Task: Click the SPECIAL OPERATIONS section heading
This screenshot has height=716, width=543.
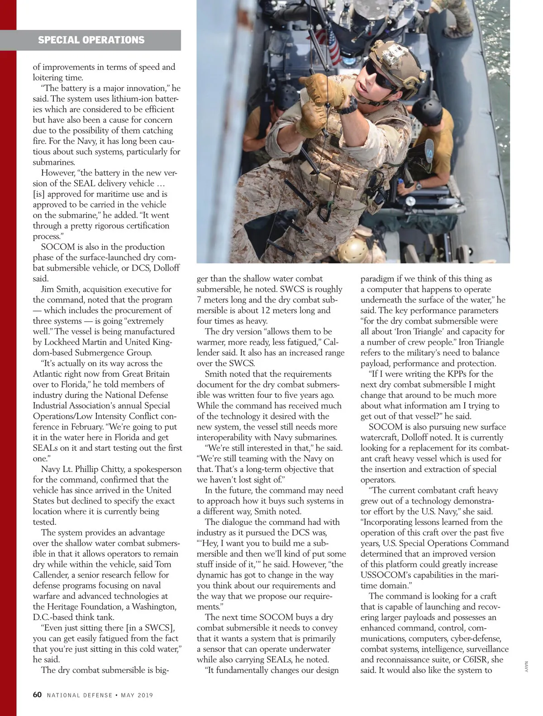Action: [91, 40]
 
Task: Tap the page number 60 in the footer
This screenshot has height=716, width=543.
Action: [37, 695]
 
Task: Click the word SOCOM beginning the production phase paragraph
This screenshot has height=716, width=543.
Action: [57, 247]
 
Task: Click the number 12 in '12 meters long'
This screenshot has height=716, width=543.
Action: [267, 310]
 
